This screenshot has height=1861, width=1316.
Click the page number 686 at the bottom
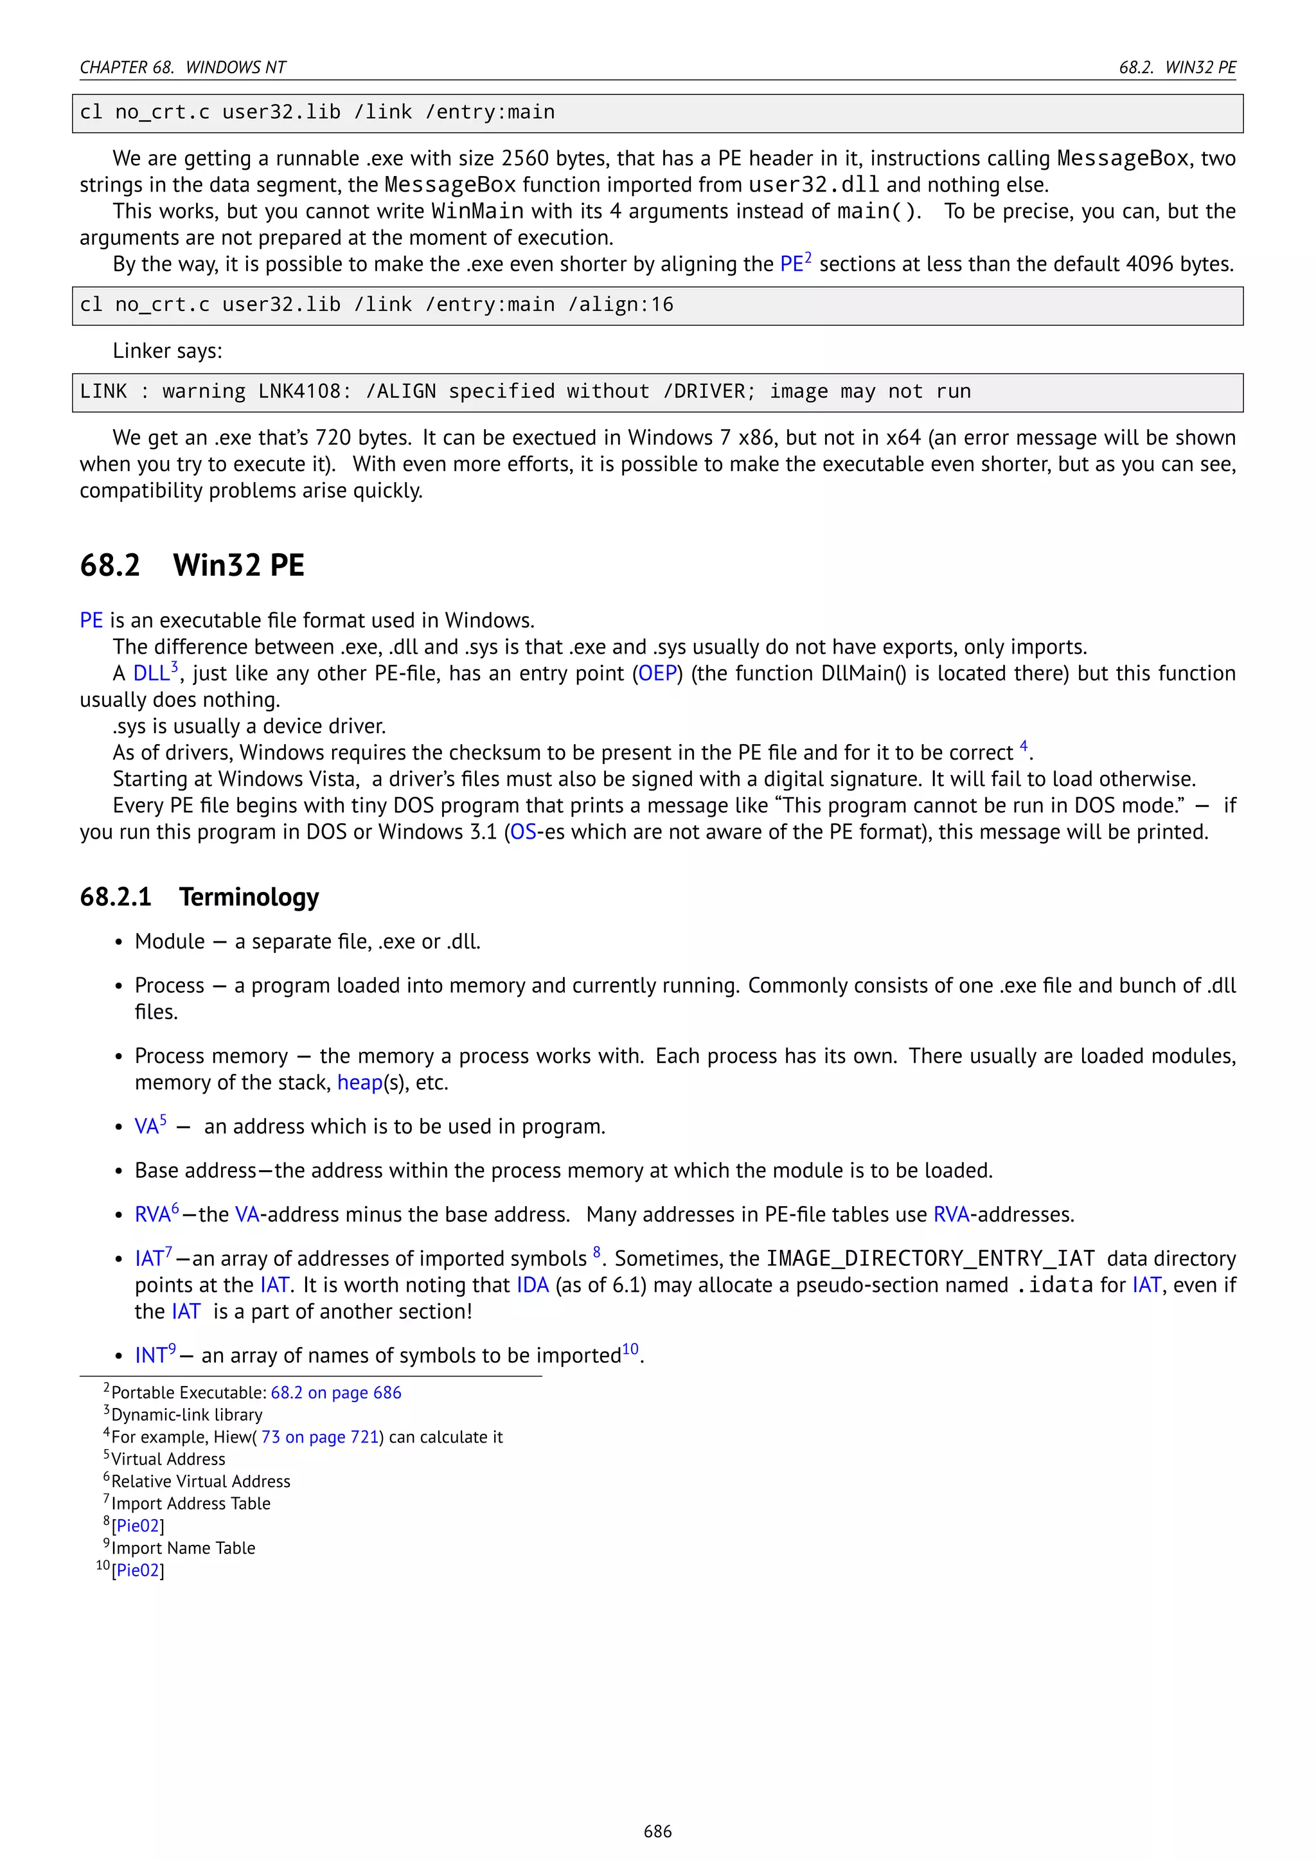657,1831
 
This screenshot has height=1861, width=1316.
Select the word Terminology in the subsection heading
249,897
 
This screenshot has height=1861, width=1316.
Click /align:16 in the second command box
621,305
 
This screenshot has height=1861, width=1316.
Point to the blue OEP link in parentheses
657,673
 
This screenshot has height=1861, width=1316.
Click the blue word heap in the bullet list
359,1083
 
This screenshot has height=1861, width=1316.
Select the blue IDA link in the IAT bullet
533,1285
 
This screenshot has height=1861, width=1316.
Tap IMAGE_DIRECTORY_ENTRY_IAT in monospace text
930,1259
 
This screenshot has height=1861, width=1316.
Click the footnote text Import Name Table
183,1548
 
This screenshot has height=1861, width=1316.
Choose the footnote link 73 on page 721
320,1437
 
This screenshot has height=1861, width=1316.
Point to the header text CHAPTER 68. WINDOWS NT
183,67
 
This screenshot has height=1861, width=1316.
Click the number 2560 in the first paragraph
524,159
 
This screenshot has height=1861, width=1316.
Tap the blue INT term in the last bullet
151,1356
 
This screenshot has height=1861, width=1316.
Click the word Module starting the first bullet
170,942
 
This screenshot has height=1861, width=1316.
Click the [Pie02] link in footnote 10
138,1571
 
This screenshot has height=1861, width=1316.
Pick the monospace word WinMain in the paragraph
477,211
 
